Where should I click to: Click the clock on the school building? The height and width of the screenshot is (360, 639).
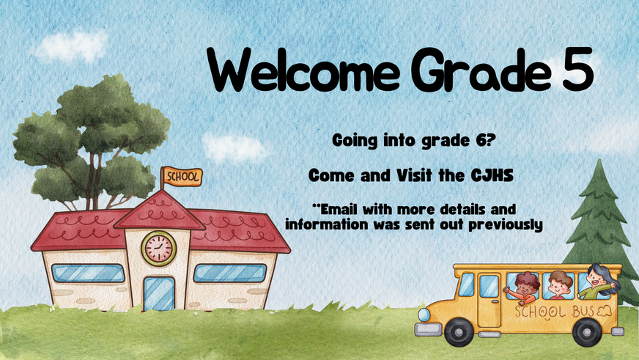point(159,249)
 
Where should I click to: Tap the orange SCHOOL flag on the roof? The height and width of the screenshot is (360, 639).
point(182,177)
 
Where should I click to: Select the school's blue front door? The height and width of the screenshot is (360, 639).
point(159,293)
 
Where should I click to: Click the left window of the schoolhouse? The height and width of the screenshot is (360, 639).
point(88,273)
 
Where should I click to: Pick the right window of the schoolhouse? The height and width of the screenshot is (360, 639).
point(230,273)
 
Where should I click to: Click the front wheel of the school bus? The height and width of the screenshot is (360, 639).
point(459,332)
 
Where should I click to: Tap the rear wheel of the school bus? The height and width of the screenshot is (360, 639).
point(587,332)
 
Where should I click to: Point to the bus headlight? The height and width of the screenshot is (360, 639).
point(424,315)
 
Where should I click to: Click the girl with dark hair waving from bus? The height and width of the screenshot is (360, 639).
point(598,282)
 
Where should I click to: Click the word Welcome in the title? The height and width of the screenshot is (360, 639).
point(303,70)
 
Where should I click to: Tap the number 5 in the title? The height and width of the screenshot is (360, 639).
point(577,68)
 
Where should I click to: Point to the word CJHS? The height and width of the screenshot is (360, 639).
point(492,176)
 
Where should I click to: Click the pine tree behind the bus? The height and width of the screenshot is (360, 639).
point(599,228)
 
